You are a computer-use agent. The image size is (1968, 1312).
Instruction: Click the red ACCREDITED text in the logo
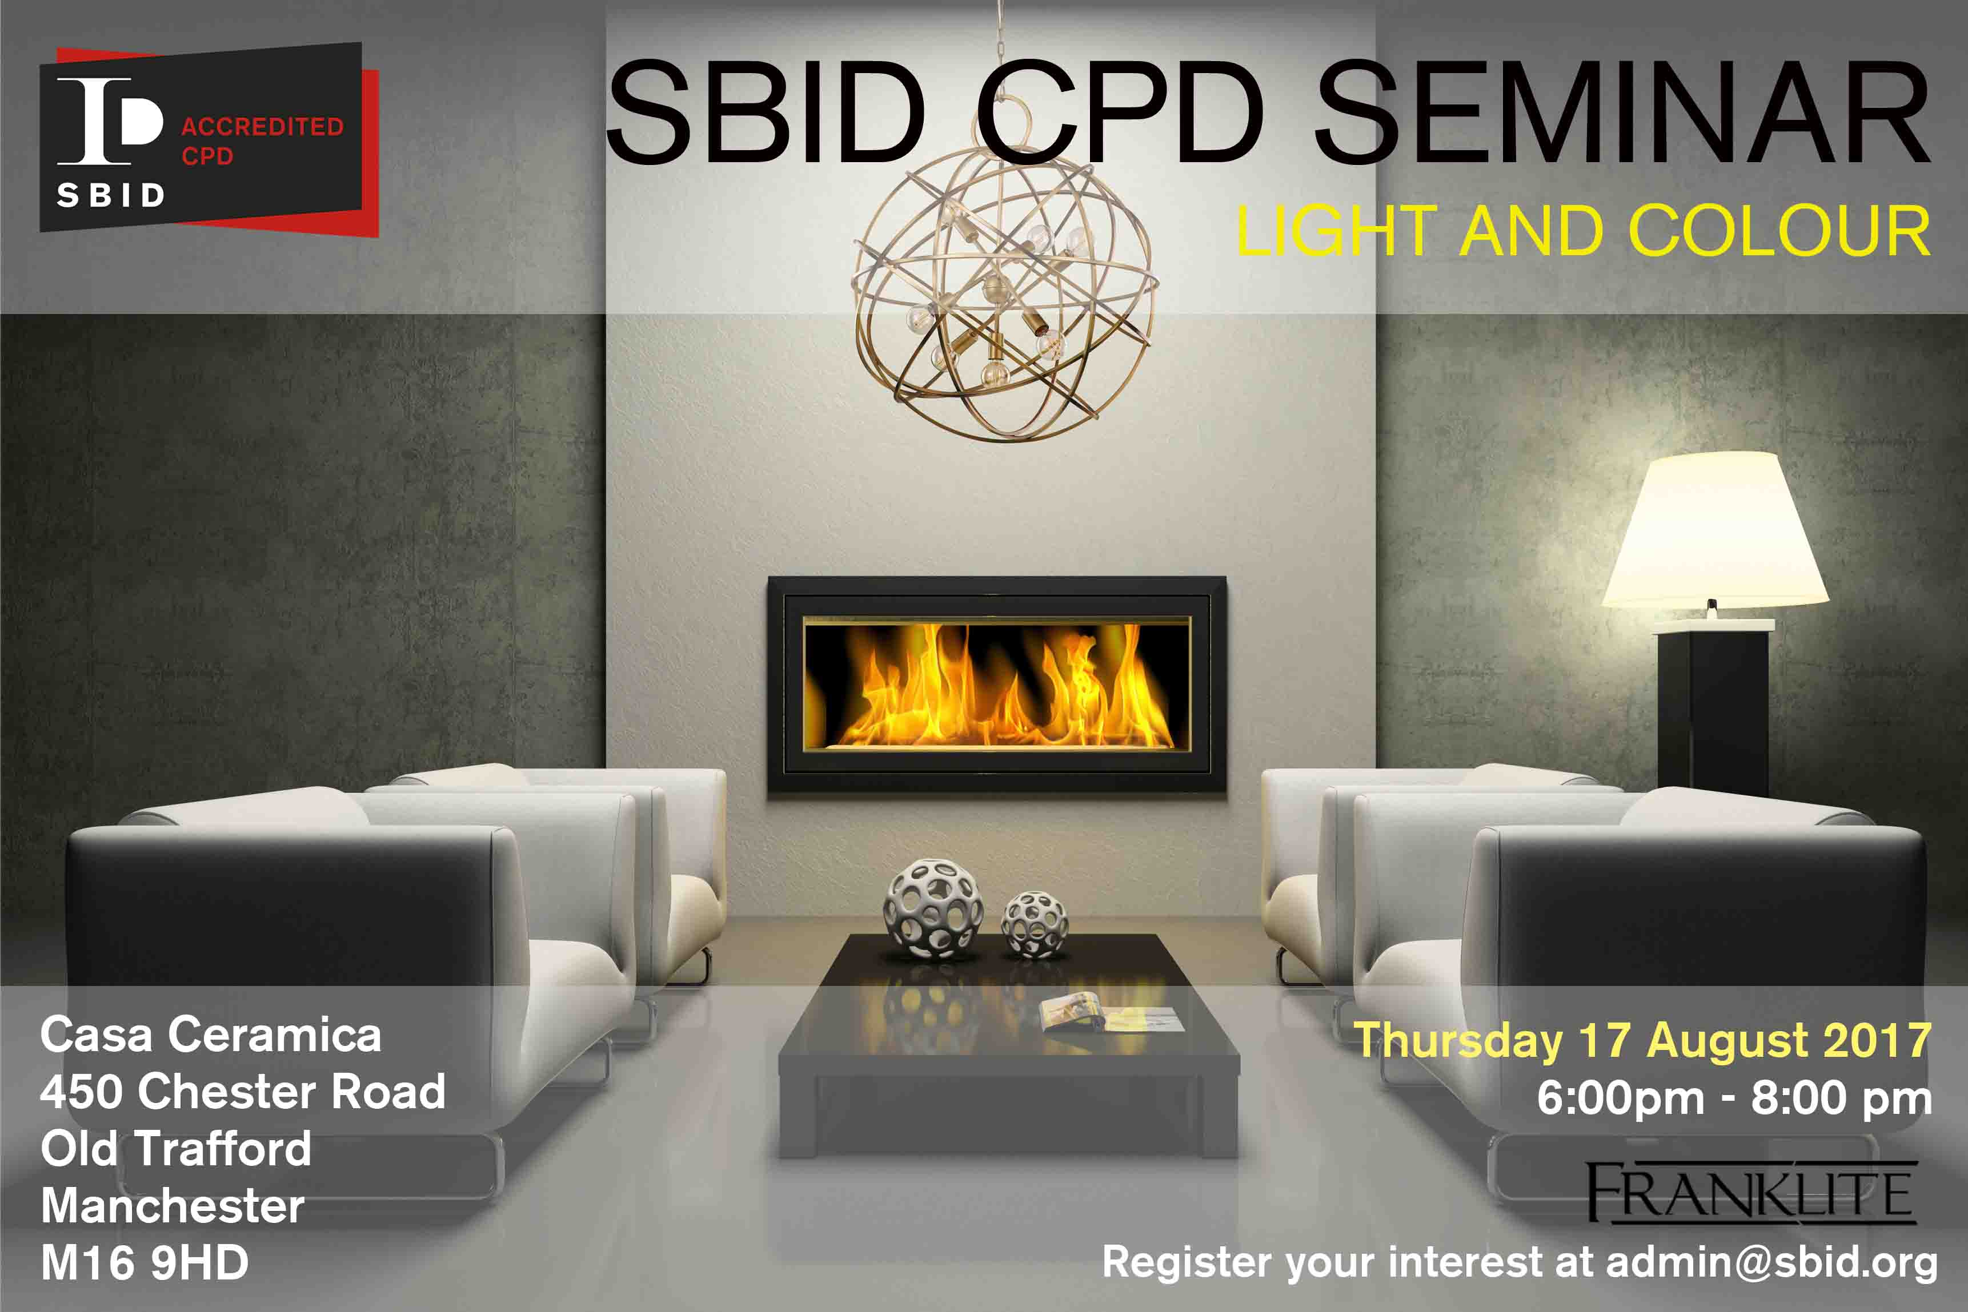coord(263,126)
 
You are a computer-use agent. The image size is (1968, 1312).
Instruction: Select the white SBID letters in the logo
coord(110,195)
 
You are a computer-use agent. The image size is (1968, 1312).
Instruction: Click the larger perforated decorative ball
coord(933,907)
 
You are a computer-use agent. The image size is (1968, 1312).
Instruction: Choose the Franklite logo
coord(1751,1192)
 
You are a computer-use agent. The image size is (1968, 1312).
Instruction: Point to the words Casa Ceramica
coord(211,1035)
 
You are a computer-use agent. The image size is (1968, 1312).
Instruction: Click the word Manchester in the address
coord(173,1206)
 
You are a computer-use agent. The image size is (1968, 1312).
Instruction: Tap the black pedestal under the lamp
coord(1713,711)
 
